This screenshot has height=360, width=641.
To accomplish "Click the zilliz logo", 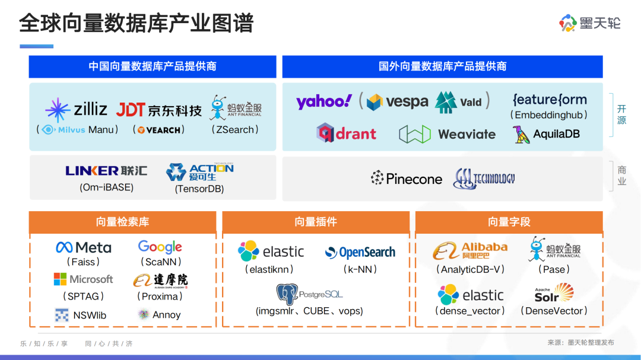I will [76, 110].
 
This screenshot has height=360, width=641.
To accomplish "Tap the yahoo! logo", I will [324, 101].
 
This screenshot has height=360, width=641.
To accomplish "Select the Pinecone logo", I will [407, 179].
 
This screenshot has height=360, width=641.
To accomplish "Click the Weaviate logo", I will [447, 134].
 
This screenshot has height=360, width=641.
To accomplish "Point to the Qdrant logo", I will [346, 133].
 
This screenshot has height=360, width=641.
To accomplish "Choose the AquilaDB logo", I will [546, 134].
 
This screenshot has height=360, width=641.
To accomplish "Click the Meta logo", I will [84, 247].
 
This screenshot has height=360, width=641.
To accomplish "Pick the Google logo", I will [160, 247].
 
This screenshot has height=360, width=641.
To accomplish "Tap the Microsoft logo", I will [83, 279].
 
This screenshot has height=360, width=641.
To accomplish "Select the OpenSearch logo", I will [360, 253].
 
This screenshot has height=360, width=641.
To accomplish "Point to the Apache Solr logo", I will [554, 293].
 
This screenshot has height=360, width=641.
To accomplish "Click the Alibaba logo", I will [470, 251].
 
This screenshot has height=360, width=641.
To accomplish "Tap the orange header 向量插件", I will [316, 222].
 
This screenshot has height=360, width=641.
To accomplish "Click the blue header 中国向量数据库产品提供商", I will [153, 66].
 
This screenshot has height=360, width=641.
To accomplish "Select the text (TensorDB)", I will [199, 189].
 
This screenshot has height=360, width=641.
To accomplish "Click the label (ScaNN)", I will [160, 262].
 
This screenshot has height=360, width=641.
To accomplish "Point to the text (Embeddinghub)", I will [549, 115].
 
